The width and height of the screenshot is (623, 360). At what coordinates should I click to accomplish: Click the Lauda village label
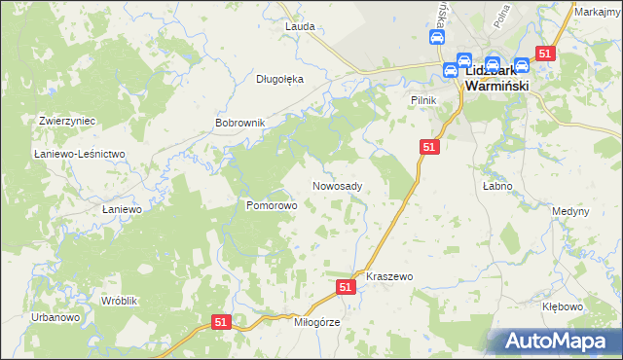300,26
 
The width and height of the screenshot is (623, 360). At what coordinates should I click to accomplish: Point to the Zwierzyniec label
66,121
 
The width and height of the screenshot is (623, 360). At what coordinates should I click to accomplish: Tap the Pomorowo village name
271,206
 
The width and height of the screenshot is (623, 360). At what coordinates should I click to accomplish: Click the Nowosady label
338,186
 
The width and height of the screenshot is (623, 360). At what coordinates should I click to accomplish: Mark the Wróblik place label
121,301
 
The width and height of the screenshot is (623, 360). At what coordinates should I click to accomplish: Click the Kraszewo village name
389,276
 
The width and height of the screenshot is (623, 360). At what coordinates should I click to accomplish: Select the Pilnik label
422,100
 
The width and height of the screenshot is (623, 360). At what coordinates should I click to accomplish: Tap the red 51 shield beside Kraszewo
346,287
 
